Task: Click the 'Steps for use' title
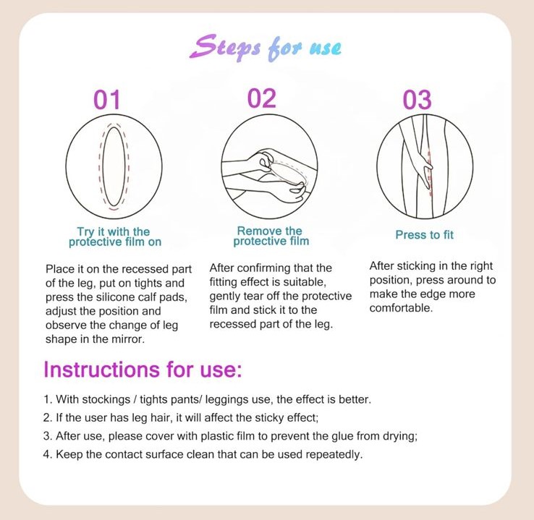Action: tap(266, 48)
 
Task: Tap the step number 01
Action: tap(107, 99)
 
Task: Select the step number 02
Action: tap(261, 98)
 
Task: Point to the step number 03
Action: tap(418, 99)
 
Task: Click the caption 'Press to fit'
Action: tap(424, 235)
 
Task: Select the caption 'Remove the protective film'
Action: tap(271, 236)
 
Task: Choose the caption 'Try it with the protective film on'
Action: tap(115, 237)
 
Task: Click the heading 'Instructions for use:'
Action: tap(143, 370)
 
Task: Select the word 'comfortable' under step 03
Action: tap(400, 308)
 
